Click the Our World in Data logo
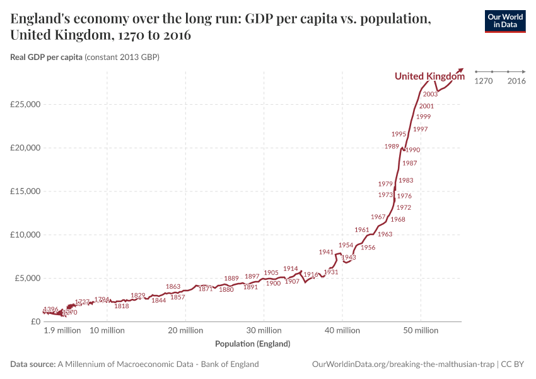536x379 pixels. pos(504,21)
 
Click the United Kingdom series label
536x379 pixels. pos(429,76)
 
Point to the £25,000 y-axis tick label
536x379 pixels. pos(26,104)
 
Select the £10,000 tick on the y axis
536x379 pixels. pos(26,235)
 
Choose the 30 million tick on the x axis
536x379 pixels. pos(264,330)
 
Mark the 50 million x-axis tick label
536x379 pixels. pos(421,330)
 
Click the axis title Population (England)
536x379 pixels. pos(252,344)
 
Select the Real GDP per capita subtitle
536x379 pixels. pos(84,57)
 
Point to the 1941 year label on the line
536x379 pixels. pos(326,252)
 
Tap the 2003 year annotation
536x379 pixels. pos(431,94)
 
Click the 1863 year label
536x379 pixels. pos(173,287)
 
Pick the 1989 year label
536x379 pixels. pos(392,147)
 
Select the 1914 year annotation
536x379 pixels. pos(291,269)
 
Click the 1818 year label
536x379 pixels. pos(122,306)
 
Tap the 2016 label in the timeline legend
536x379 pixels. pos(516,81)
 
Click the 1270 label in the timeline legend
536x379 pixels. pos(483,81)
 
